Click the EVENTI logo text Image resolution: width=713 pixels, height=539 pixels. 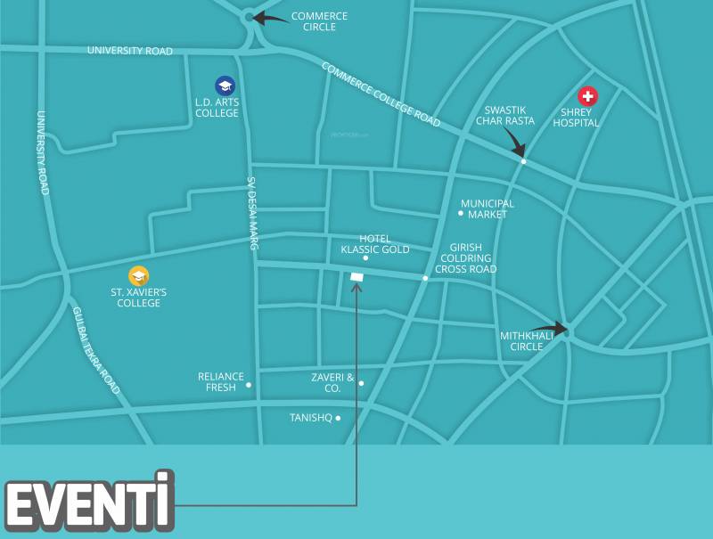click(x=88, y=502)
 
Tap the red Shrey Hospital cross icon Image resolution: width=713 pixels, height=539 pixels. click(x=587, y=96)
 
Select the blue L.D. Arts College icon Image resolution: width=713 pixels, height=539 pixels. click(x=225, y=86)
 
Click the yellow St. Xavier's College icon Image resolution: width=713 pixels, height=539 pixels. click(x=138, y=276)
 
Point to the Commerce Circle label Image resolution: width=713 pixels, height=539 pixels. click(x=319, y=21)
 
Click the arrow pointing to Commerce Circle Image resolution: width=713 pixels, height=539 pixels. click(x=269, y=17)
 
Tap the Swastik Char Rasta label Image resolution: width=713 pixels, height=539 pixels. click(x=505, y=114)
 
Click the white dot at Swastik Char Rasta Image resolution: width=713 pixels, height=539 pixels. click(x=523, y=161)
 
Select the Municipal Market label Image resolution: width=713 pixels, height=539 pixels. click(x=488, y=208)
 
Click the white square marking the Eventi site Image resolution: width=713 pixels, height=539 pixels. click(x=357, y=277)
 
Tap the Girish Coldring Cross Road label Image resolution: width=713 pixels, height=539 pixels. click(x=465, y=257)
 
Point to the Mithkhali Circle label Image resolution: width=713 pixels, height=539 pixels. click(x=527, y=340)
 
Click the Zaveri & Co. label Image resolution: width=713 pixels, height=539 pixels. click(x=326, y=382)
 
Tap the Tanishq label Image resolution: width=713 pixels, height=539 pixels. click(x=310, y=417)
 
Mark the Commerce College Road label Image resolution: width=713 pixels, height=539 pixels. click(x=381, y=93)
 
